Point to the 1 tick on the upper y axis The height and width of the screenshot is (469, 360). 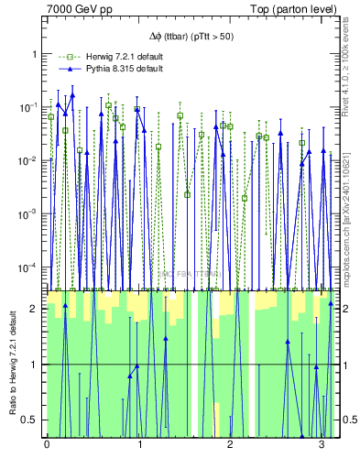[x=34, y=54]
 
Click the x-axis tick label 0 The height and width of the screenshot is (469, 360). [x=47, y=447]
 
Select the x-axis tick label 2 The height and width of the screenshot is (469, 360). [x=231, y=447]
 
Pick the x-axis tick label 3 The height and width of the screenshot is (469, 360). [x=322, y=447]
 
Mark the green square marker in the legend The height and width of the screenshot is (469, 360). [x=65, y=57]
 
